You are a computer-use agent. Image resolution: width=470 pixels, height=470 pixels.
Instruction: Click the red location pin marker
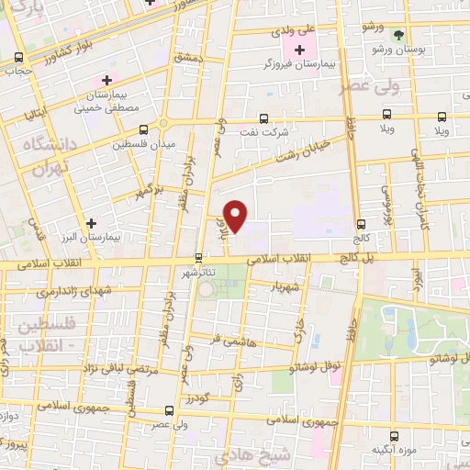[x=236, y=217]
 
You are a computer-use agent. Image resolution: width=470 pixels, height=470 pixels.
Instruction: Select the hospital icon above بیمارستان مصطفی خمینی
[x=108, y=81]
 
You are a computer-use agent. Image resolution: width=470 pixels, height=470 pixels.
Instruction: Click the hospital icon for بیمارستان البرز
[x=91, y=222]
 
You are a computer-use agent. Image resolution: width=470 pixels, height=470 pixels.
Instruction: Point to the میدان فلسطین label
[x=137, y=145]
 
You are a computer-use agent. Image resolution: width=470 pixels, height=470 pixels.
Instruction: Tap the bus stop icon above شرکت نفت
[x=264, y=117]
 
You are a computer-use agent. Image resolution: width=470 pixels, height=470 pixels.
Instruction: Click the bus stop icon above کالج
[x=361, y=223]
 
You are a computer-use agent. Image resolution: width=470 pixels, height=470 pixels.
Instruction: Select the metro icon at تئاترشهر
[x=199, y=258]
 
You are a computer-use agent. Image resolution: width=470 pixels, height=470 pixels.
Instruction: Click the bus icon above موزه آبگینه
[x=396, y=436]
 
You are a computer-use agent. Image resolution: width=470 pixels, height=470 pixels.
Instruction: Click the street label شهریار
[x=285, y=286]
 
